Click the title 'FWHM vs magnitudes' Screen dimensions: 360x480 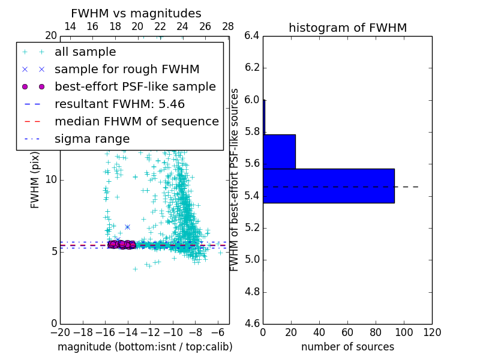click(136, 13)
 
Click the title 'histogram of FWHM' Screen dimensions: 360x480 click(347, 28)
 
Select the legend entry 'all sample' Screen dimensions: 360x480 click(85, 52)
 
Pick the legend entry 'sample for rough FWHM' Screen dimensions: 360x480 click(127, 69)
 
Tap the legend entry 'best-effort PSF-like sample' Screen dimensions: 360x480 click(135, 86)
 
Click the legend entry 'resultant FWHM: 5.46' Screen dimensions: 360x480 click(119, 104)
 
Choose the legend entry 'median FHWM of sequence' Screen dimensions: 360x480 click(136, 121)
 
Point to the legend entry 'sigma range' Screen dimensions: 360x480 click(92, 139)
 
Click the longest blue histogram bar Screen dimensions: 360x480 click(328, 186)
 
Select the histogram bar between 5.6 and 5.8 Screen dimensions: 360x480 click(279, 152)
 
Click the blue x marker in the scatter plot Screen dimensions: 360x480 click(127, 227)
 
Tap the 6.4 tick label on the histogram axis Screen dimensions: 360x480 click(252, 36)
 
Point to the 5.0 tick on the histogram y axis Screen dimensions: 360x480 click(252, 260)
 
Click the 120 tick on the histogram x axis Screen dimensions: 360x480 click(432, 331)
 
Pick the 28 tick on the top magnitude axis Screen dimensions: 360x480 click(228, 26)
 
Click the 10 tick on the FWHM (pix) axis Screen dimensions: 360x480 click(51, 179)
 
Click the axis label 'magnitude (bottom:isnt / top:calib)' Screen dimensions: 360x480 click(145, 347)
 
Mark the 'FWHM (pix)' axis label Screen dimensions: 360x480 click(35, 179)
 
